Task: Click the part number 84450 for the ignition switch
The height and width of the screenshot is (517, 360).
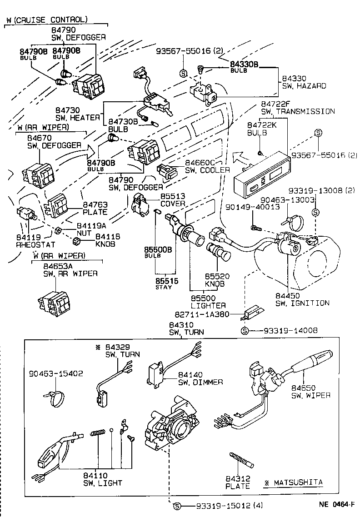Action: [x=288, y=296]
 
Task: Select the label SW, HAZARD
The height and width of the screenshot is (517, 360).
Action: [x=304, y=86]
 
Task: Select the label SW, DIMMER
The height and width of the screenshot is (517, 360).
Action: [x=200, y=382]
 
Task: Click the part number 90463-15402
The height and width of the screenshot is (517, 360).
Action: [x=55, y=373]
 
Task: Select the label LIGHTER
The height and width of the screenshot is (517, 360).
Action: [x=209, y=305]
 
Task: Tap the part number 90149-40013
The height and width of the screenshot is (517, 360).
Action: [x=247, y=207]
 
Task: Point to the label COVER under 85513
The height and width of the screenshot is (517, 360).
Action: [x=173, y=204]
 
